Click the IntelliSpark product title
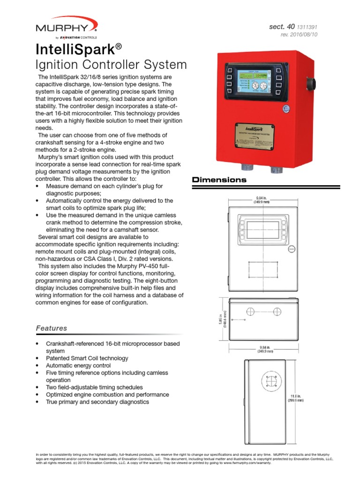[x=79, y=48]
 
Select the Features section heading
[x=52, y=328]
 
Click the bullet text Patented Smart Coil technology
[x=87, y=358]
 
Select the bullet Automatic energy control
[x=78, y=365]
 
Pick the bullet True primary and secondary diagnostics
[x=97, y=402]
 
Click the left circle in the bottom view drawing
[x=250, y=311]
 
